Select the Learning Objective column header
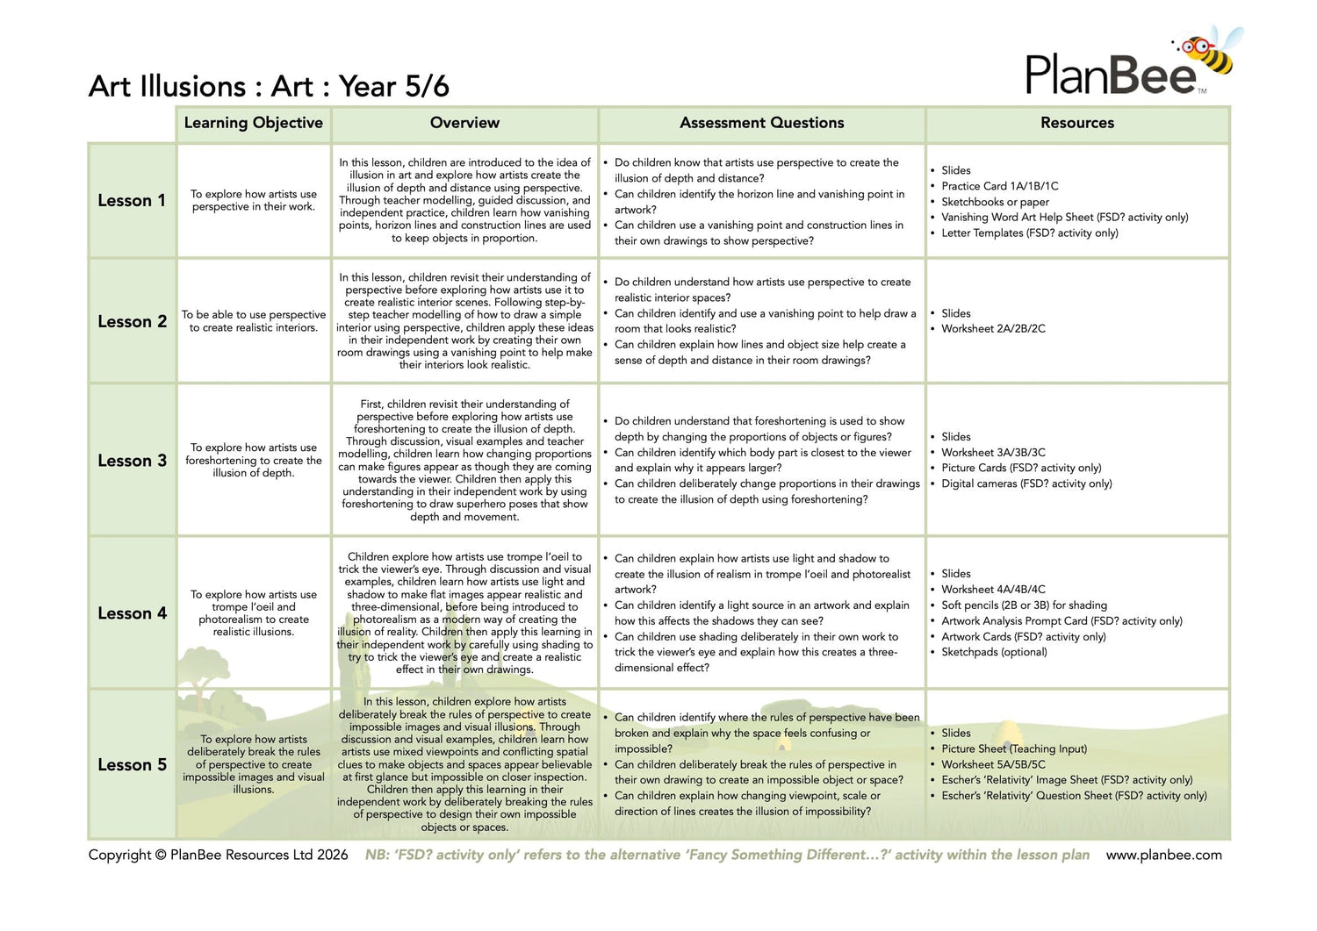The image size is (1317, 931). [x=254, y=124]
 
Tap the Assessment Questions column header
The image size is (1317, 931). [x=761, y=124]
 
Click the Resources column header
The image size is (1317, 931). [x=1076, y=124]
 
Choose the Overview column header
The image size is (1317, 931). [x=464, y=124]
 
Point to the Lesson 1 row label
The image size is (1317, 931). [x=132, y=201]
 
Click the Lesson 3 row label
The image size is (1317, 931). [x=132, y=461]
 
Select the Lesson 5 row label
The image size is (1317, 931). [x=132, y=765]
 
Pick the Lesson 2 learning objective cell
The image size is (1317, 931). [x=254, y=321]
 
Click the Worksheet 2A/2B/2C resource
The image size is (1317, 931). [x=993, y=329]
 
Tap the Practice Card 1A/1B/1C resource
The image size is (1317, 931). [x=999, y=186]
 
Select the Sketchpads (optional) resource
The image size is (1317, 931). [x=994, y=652]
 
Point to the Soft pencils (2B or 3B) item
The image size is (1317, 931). [x=1011, y=605]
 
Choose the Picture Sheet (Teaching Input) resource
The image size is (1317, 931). [x=1014, y=749]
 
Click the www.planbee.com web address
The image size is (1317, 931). [x=1163, y=856]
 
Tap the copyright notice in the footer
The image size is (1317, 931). [x=218, y=856]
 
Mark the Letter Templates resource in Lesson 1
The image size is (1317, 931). [x=1030, y=233]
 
